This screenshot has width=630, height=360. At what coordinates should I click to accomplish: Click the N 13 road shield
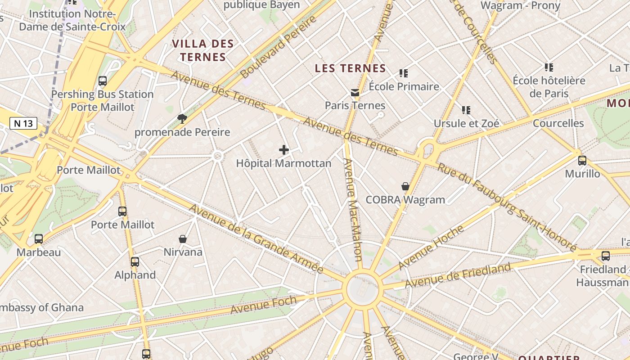(x=23, y=123)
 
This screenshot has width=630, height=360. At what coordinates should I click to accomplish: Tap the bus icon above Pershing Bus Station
(x=103, y=81)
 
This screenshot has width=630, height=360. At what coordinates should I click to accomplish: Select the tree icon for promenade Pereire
(x=182, y=119)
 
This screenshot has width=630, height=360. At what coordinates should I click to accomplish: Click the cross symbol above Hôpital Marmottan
(x=284, y=150)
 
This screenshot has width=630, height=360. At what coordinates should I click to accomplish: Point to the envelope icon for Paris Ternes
(x=355, y=93)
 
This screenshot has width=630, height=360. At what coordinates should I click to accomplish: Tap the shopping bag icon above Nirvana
(x=183, y=239)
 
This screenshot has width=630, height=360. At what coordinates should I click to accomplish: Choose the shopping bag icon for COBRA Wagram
(x=405, y=186)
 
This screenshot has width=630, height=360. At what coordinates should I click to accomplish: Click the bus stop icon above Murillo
(x=582, y=161)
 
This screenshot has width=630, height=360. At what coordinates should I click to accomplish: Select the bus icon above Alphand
(x=135, y=262)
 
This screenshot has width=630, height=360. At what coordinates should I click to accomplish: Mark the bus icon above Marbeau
(x=39, y=239)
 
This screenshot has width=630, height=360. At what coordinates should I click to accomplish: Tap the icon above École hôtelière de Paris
(x=549, y=67)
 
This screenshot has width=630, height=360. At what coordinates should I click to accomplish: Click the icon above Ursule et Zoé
(x=466, y=110)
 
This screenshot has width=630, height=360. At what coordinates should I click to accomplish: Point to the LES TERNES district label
(x=350, y=68)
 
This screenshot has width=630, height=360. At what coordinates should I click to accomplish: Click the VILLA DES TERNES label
(x=203, y=50)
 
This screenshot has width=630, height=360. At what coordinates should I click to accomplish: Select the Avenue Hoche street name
(x=431, y=247)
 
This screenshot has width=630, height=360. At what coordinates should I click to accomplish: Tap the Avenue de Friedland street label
(x=458, y=275)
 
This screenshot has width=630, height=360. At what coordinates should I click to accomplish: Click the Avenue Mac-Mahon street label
(x=352, y=209)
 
